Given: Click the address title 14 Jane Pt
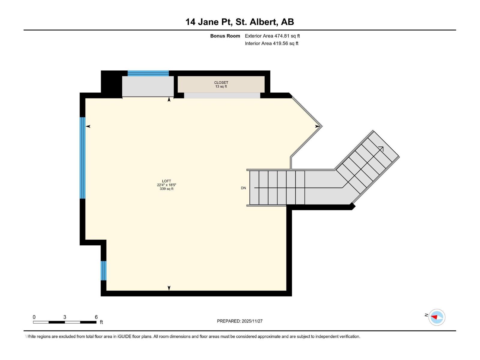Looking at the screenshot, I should tap(240, 22).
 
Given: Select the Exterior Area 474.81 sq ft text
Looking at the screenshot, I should tap(272, 36).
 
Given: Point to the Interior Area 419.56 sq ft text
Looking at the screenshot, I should tap(271, 43).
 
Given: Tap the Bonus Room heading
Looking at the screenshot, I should tap(225, 36).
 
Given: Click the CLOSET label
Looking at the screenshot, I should tap(221, 82).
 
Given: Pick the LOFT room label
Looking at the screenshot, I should tap(166, 181).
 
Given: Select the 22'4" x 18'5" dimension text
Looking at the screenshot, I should tap(166, 185).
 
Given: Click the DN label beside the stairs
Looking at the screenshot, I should tap(243, 188).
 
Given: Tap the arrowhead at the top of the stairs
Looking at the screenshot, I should tap(381, 149).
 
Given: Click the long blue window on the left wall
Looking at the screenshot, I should tap(82, 158).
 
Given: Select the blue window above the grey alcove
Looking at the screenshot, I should tap(148, 73).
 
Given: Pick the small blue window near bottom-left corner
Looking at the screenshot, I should tap(103, 270).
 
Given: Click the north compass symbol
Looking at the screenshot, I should tap(436, 317).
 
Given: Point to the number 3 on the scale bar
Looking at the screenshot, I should tap(65, 317).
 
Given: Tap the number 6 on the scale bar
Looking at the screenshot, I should tap(96, 317).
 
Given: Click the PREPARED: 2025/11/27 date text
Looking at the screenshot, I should tap(240, 321).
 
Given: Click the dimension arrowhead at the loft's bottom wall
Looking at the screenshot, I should tap(169, 288).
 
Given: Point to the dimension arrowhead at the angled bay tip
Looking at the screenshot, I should tap(317, 126).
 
